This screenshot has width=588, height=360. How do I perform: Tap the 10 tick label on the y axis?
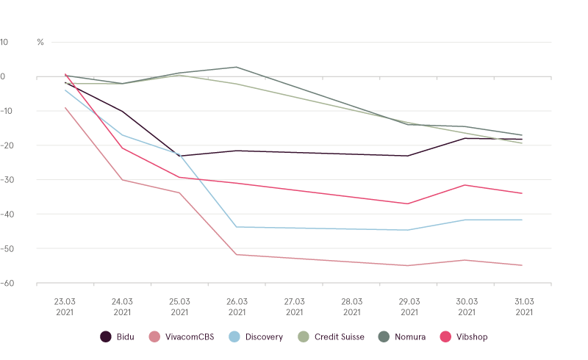coord(4,43)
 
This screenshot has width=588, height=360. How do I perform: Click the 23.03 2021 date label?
coord(65,306)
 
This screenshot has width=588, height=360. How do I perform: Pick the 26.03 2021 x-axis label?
coord(237,306)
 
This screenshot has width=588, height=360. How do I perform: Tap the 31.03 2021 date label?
coord(523,306)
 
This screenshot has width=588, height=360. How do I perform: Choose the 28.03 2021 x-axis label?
coord(351,306)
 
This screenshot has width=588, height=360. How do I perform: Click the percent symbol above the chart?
coord(40,43)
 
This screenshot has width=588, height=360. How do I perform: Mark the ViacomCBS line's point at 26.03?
coord(237,255)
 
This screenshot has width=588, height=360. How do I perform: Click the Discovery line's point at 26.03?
coord(237,227)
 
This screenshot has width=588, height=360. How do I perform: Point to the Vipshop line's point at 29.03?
coord(409,204)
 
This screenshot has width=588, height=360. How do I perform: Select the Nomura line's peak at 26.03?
coord(237,67)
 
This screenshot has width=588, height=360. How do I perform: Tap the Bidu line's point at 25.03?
coord(179,156)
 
